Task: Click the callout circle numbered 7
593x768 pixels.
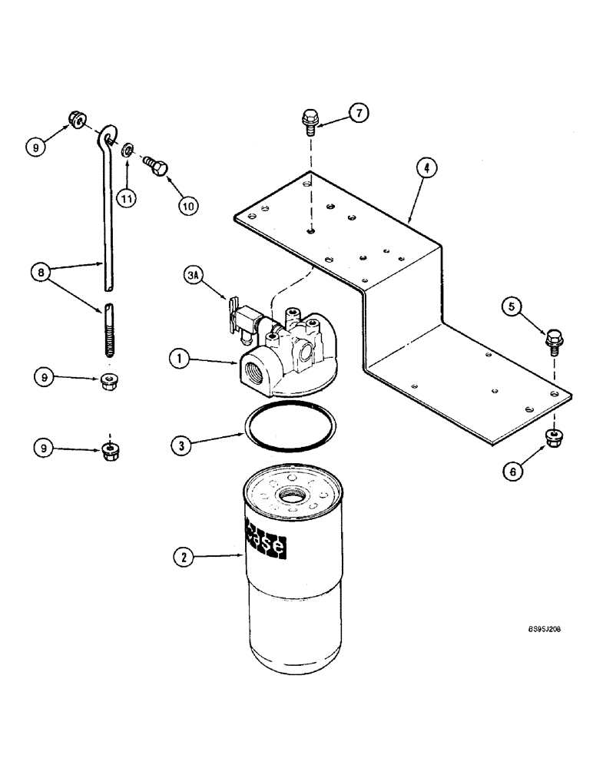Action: pos(358,113)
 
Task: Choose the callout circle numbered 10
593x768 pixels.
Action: pos(188,206)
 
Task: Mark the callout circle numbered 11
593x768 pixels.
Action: pos(126,198)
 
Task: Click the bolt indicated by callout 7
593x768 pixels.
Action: pos(310,122)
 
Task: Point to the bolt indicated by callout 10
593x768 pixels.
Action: pos(154,165)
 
